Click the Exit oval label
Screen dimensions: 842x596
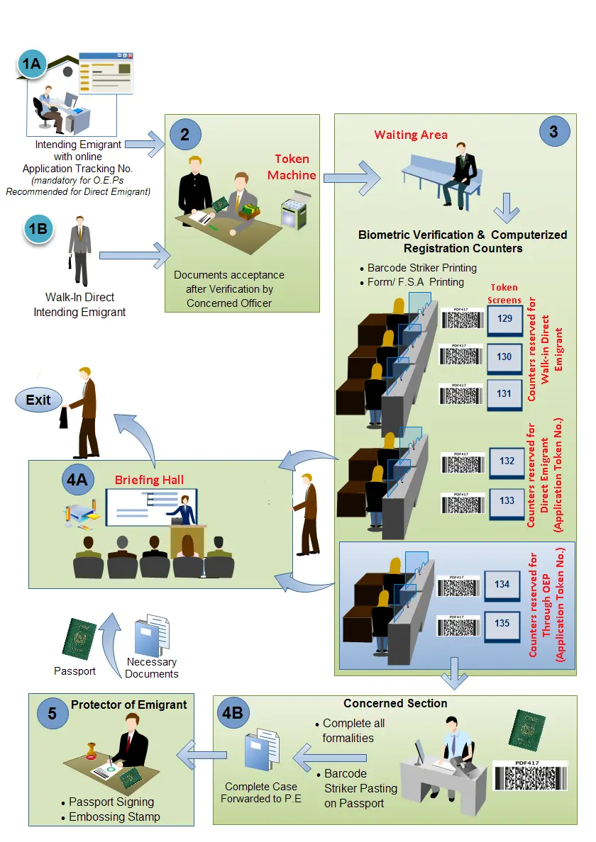click(x=38, y=400)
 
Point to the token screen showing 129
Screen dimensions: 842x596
click(x=504, y=319)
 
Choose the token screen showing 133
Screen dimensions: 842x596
click(x=507, y=500)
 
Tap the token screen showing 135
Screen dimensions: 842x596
click(x=502, y=624)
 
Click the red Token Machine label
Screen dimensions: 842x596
click(x=292, y=167)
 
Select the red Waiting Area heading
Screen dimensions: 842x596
click(x=411, y=135)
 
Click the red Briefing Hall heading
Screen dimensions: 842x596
click(x=149, y=480)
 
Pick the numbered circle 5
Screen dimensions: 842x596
click(x=53, y=713)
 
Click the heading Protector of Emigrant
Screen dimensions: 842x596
click(x=128, y=705)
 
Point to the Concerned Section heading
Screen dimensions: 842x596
click(x=395, y=703)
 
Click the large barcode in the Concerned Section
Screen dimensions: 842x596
click(x=530, y=776)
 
